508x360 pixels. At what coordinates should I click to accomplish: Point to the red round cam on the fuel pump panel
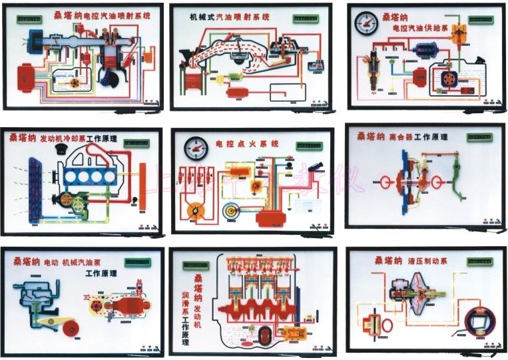(69, 328)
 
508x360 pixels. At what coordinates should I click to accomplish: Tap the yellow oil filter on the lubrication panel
(292, 332)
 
